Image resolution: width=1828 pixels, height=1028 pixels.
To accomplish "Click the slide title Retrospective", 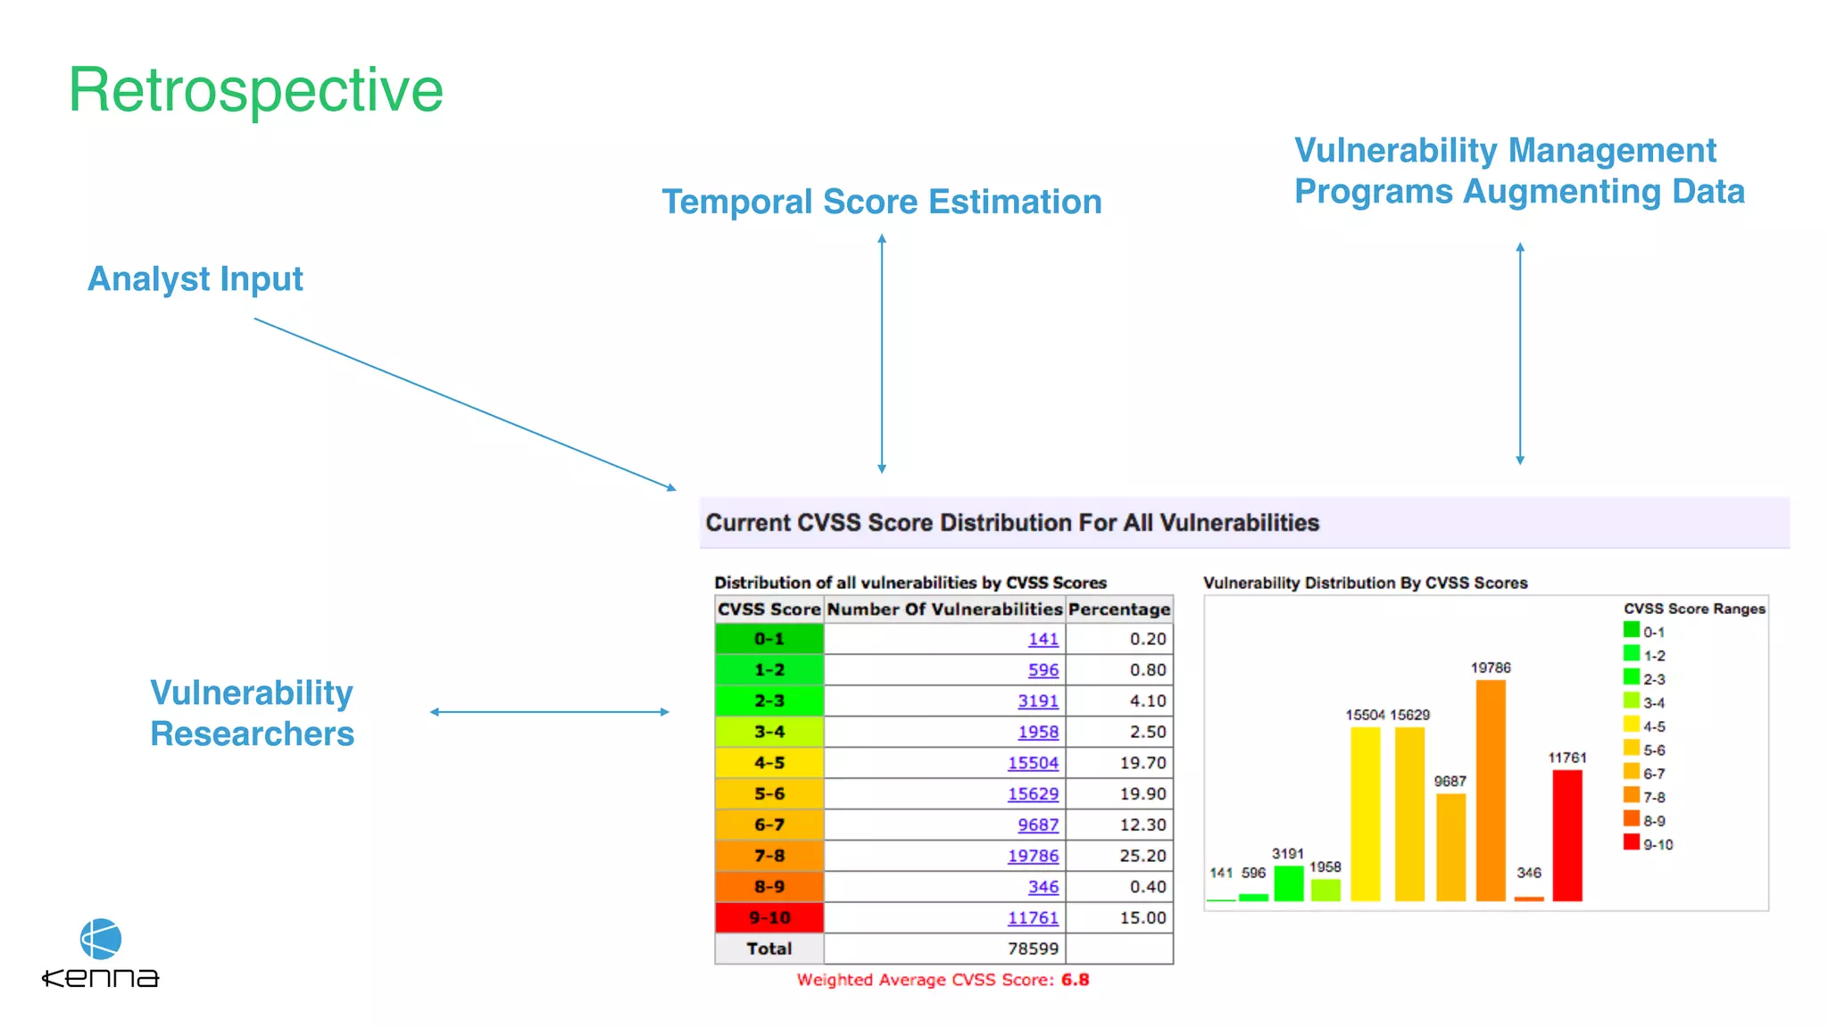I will pos(255,90).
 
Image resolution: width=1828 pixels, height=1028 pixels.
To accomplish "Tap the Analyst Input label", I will pos(195,279).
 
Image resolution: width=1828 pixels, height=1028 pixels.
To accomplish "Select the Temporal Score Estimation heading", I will pos(881,202).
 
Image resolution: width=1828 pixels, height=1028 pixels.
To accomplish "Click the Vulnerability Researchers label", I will pos(252,713).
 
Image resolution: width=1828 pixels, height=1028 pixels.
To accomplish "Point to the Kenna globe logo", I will pos(101,939).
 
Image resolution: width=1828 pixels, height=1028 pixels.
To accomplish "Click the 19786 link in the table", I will pos(1033,856).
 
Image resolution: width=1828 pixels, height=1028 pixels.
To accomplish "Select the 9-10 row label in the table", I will pos(769,917).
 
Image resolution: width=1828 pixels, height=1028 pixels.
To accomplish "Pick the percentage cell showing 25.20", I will pos(1142,856).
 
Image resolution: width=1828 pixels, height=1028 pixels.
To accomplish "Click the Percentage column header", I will pos(1118,609).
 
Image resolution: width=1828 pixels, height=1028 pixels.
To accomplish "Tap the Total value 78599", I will pos(1033,949).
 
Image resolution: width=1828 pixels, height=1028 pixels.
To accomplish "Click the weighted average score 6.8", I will pos(1075,980).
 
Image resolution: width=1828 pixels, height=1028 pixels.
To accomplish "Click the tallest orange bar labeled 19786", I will pos(1491,790).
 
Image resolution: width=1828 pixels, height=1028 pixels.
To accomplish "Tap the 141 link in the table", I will pos(1043,639).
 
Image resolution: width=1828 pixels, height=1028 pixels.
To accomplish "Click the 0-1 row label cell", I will pos(769,639).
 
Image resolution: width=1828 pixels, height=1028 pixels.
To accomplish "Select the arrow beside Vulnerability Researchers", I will pos(549,712).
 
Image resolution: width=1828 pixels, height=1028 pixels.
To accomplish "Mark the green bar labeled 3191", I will pos(1288,883).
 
